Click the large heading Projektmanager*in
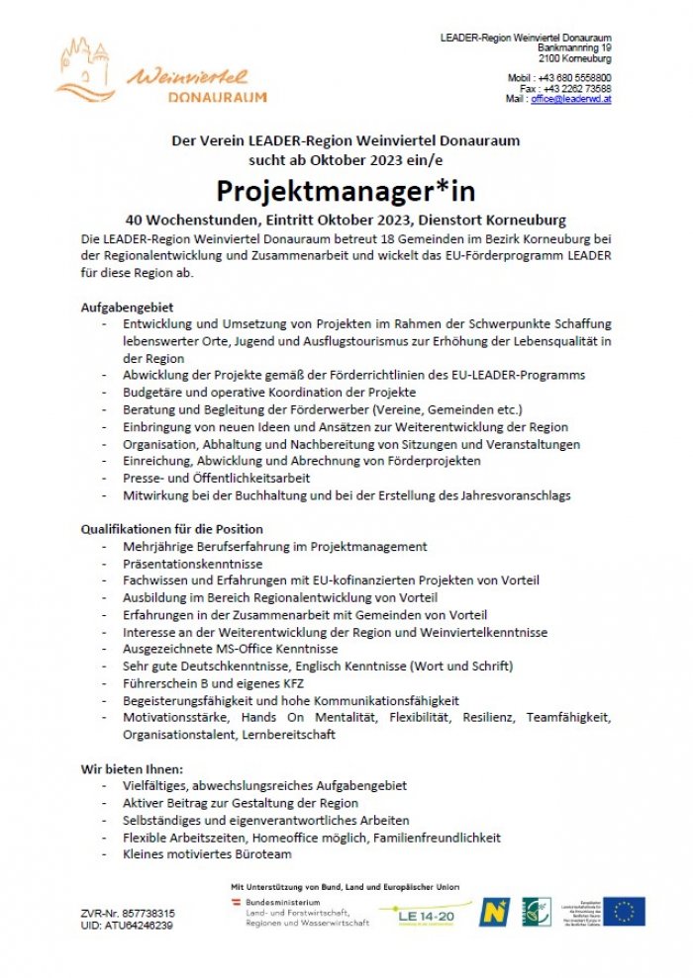tap(346, 191)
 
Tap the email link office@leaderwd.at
tap(571, 100)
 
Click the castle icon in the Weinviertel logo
tap(88, 64)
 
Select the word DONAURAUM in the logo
tap(217, 97)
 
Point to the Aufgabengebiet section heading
tap(126, 308)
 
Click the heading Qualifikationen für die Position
tap(171, 529)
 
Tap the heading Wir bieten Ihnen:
tap(132, 768)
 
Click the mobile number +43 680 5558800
tap(573, 77)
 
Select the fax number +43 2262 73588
tap(577, 88)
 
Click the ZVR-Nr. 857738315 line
tap(128, 913)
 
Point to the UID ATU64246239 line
tap(127, 926)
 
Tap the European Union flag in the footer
tap(625, 911)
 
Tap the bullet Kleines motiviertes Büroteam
tap(207, 854)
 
